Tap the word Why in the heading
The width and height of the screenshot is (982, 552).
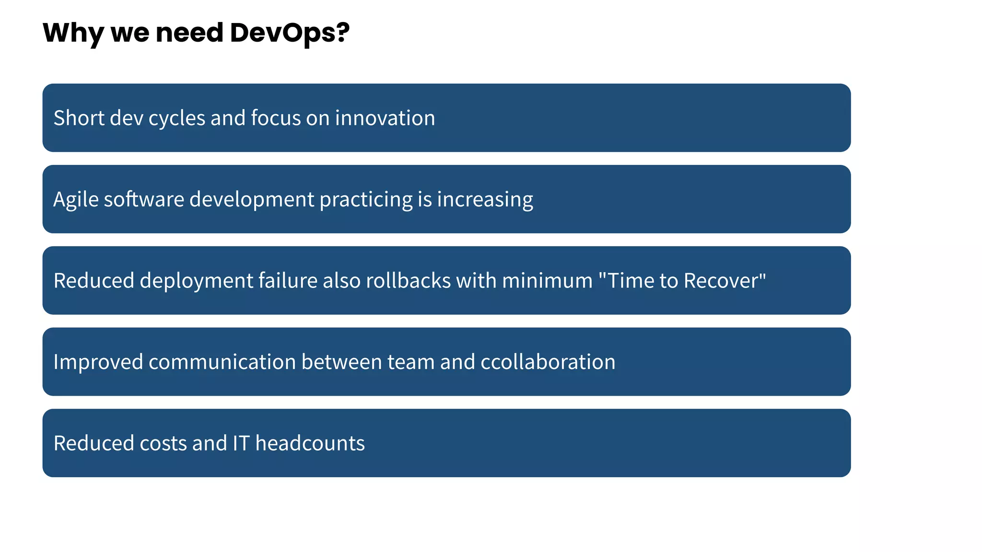point(72,33)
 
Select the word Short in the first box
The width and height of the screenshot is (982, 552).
point(79,118)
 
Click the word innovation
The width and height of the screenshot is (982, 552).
point(385,118)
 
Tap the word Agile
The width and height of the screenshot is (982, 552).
point(76,200)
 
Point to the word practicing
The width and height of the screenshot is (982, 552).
point(366,200)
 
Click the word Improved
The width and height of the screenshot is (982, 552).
point(98,362)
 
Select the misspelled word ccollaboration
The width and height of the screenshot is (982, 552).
point(548,362)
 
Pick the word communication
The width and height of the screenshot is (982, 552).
point(222,362)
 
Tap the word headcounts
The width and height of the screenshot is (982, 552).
point(310,443)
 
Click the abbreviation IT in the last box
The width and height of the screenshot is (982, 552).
point(241,443)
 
